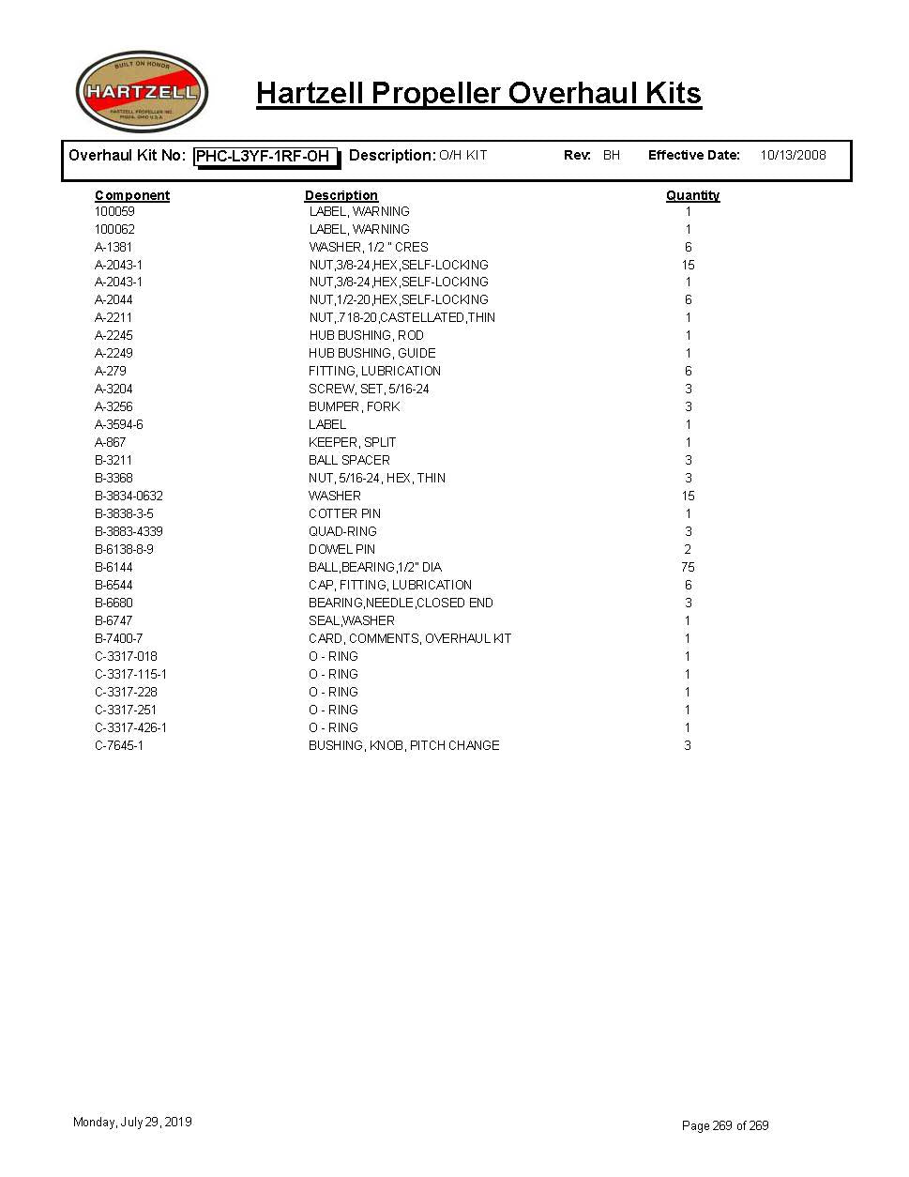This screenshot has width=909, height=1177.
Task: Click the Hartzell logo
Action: [x=142, y=92]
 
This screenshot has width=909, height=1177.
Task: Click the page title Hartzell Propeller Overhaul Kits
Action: [x=478, y=94]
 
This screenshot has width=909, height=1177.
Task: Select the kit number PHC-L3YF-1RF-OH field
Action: [x=265, y=157]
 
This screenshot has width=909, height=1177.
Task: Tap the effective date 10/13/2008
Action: [x=793, y=156]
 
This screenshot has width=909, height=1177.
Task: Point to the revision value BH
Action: [x=612, y=156]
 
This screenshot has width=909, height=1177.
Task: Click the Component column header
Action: [x=132, y=195]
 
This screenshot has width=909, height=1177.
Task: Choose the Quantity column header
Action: [x=692, y=195]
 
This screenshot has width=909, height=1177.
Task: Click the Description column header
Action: [x=341, y=195]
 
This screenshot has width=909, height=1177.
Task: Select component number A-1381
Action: [x=114, y=247]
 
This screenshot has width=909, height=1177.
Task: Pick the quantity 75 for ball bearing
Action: [x=688, y=567]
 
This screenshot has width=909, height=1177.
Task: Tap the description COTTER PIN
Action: [x=344, y=513]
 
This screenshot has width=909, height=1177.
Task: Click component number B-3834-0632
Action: [x=129, y=496]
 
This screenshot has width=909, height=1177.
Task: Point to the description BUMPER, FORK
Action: [x=354, y=406]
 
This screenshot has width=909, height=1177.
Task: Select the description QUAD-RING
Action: [x=342, y=531]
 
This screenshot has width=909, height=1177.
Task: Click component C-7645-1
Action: [x=119, y=745]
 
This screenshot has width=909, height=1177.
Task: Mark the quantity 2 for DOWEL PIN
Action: [x=688, y=549]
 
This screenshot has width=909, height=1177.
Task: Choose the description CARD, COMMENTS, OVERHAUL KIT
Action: [x=410, y=638]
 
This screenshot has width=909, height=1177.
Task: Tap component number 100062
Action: [x=114, y=229]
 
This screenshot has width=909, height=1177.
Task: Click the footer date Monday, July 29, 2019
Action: [x=132, y=1122]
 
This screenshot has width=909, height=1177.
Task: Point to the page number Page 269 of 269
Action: [x=725, y=1125]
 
